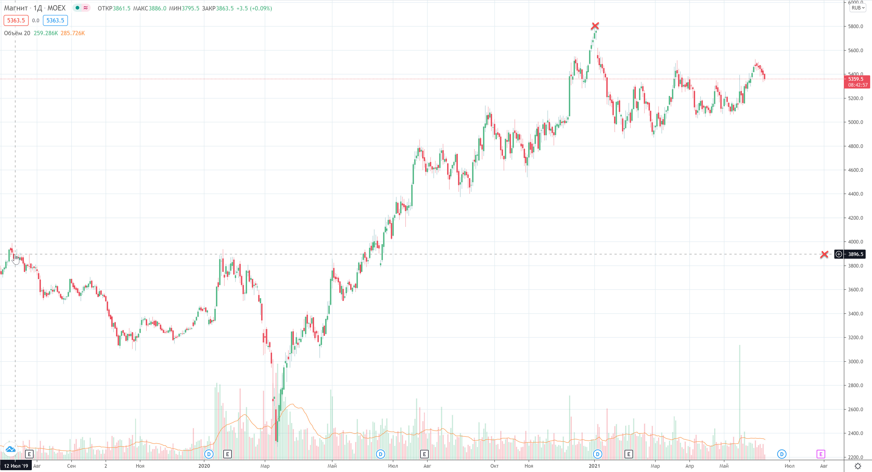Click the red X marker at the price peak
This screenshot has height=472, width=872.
pos(595,26)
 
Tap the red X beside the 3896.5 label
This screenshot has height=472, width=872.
pos(824,254)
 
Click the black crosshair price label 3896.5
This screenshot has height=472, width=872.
pos(855,254)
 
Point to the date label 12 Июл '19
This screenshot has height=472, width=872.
pos(16,466)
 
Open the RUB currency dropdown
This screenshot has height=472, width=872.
pos(858,8)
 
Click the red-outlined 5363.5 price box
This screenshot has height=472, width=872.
pos(16,20)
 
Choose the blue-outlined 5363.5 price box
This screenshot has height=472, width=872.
pos(55,20)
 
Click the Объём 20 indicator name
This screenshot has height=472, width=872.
pos(17,33)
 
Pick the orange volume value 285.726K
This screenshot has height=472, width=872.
pos(73,33)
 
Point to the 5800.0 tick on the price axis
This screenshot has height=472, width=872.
pos(855,26)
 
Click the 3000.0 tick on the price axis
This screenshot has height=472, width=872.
pos(855,361)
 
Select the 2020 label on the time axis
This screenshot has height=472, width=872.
pos(204,466)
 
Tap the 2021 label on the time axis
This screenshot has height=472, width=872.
pos(595,466)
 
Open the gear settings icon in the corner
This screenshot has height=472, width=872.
pos(857,466)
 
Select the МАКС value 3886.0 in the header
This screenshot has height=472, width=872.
pos(157,8)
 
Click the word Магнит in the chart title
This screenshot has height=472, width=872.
pos(16,8)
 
